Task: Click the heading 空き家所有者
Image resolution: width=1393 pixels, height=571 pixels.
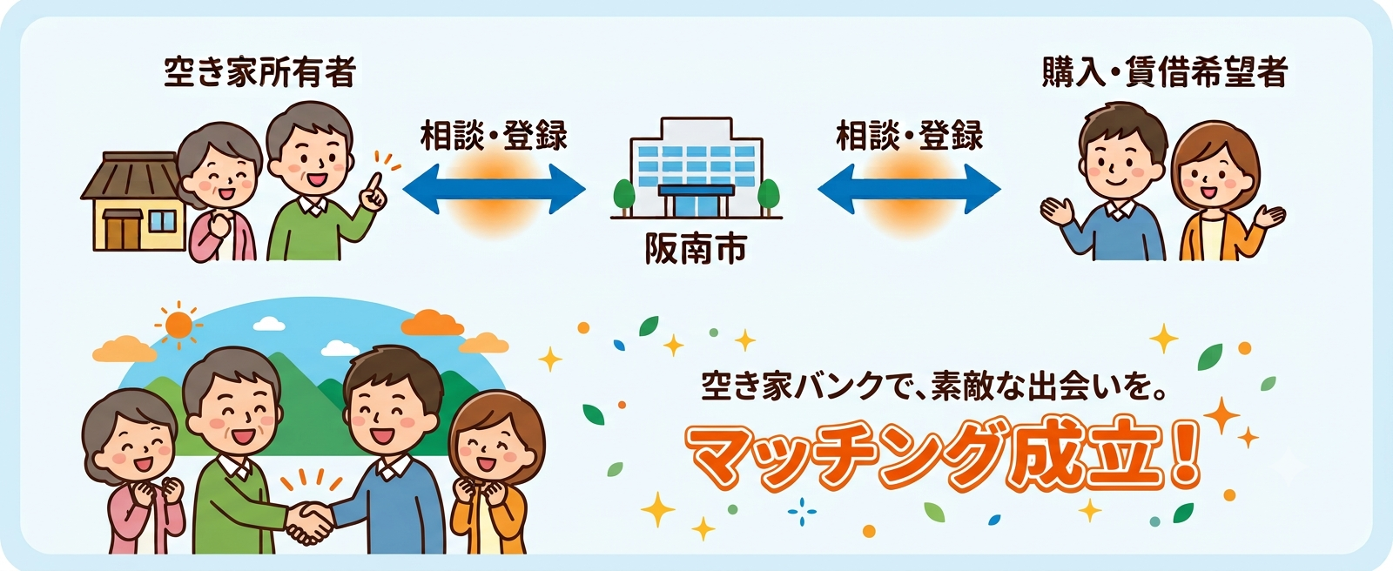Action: coord(259,73)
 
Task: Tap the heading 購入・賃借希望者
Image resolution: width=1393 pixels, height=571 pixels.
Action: coord(1163,73)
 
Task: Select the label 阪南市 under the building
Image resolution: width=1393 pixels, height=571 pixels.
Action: coord(696,250)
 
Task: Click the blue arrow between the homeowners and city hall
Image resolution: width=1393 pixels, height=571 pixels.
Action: coord(494,189)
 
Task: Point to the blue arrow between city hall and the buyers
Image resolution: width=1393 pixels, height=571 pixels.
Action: coord(909,189)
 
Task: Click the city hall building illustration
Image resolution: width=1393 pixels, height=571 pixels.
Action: coord(696,168)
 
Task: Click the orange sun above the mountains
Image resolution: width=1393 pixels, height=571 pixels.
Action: coord(178,325)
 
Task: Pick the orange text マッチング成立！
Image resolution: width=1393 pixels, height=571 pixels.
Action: coord(943,457)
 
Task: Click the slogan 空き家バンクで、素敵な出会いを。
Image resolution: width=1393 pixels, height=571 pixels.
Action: coord(932,386)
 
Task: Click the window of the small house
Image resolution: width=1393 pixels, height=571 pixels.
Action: coord(163,221)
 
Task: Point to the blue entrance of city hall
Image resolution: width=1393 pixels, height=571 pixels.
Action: coord(696,200)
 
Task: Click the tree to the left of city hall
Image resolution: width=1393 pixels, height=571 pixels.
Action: coord(623,196)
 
